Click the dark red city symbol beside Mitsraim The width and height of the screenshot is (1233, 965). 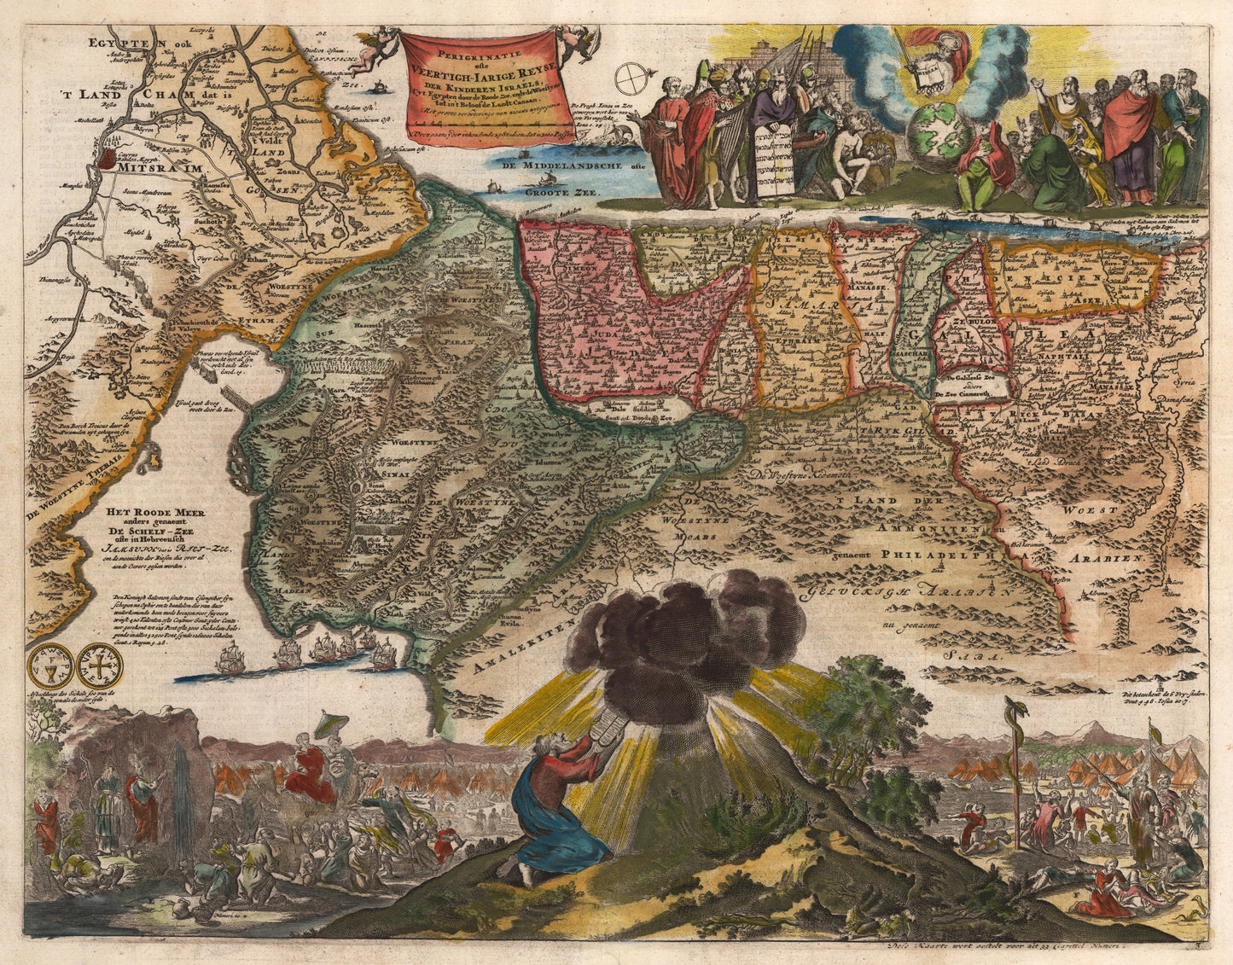[x=108, y=158]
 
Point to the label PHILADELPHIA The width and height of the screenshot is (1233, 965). [x=939, y=554]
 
